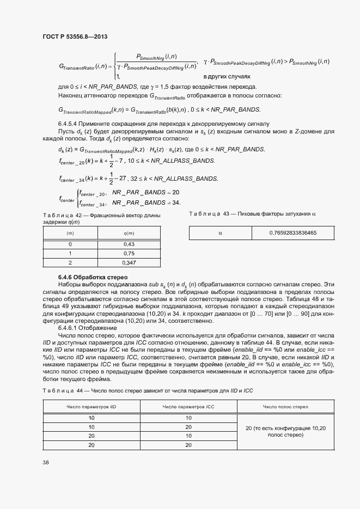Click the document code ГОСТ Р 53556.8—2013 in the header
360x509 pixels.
pyautogui.click(x=74, y=36)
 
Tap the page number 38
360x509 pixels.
pyautogui.click(x=45, y=463)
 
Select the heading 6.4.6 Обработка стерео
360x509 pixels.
pyautogui.click(x=89, y=277)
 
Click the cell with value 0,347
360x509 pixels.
pyautogui.click(x=129, y=262)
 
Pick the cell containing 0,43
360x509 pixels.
pyautogui.click(x=129, y=244)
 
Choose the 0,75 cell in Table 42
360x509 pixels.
pyautogui.click(x=129, y=254)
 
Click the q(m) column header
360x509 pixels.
pyautogui.click(x=129, y=233)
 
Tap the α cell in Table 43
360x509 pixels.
pyautogui.click(x=221, y=233)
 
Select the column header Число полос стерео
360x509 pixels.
pyautogui.click(x=285, y=407)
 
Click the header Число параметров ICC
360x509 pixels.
pyautogui.click(x=188, y=407)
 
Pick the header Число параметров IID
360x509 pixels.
pyautogui.click(x=91, y=407)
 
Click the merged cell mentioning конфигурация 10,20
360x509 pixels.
pyautogui.click(x=285, y=432)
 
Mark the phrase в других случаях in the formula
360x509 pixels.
pyautogui.click(x=227, y=77)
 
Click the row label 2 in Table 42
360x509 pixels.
pyautogui.click(x=70, y=262)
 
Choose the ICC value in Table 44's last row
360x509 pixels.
pyautogui.click(x=188, y=445)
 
